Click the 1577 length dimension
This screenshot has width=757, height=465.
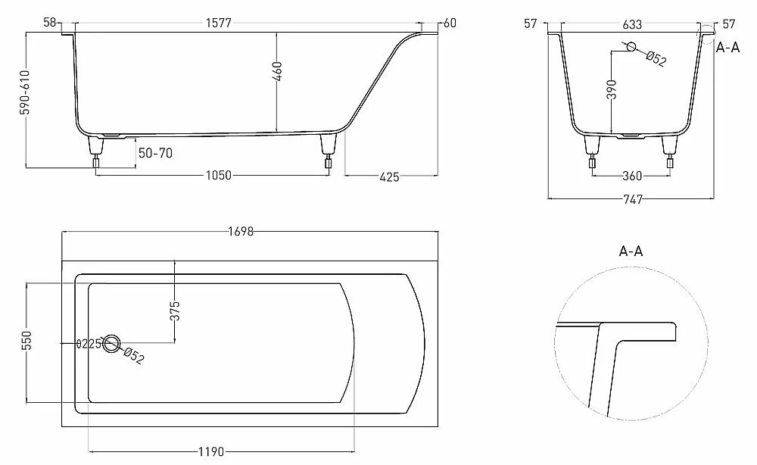tap(219, 23)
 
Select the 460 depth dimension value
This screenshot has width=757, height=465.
tap(277, 71)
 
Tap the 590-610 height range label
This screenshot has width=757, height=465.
tap(25, 92)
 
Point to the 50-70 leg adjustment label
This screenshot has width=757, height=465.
tap(155, 153)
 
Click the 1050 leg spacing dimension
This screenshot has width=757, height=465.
tap(219, 175)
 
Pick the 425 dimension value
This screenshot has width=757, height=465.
tap(389, 177)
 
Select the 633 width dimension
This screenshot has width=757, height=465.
tap(632, 24)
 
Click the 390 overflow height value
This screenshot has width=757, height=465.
tap(612, 89)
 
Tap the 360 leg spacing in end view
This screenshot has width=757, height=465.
tap(632, 176)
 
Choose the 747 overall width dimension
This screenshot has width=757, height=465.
tap(633, 199)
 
